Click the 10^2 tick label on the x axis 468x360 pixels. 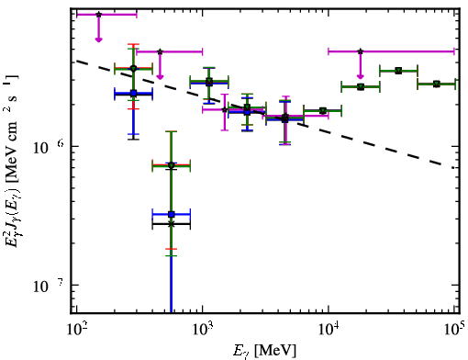click(76, 330)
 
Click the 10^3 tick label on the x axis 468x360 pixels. click(202, 330)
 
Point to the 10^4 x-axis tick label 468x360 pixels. click(329, 330)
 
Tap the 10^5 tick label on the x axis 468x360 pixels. click(454, 330)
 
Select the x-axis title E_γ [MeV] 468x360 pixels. click(264, 351)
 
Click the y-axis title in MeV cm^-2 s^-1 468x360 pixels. click(12, 158)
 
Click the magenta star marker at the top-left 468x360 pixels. click(98, 15)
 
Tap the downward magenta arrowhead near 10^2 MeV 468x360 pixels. click(98, 39)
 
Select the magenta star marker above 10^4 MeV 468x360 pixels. click(361, 51)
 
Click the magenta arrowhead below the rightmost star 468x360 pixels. click(361, 76)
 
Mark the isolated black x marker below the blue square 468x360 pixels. click(172, 224)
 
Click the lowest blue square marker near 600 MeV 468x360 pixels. click(172, 214)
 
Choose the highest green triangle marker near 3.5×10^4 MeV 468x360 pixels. click(398, 71)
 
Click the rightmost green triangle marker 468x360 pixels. click(437, 84)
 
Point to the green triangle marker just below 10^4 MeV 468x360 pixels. click(322, 110)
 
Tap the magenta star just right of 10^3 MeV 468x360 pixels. click(225, 109)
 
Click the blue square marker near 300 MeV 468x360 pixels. click(133, 93)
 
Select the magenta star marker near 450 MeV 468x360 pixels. click(160, 51)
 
